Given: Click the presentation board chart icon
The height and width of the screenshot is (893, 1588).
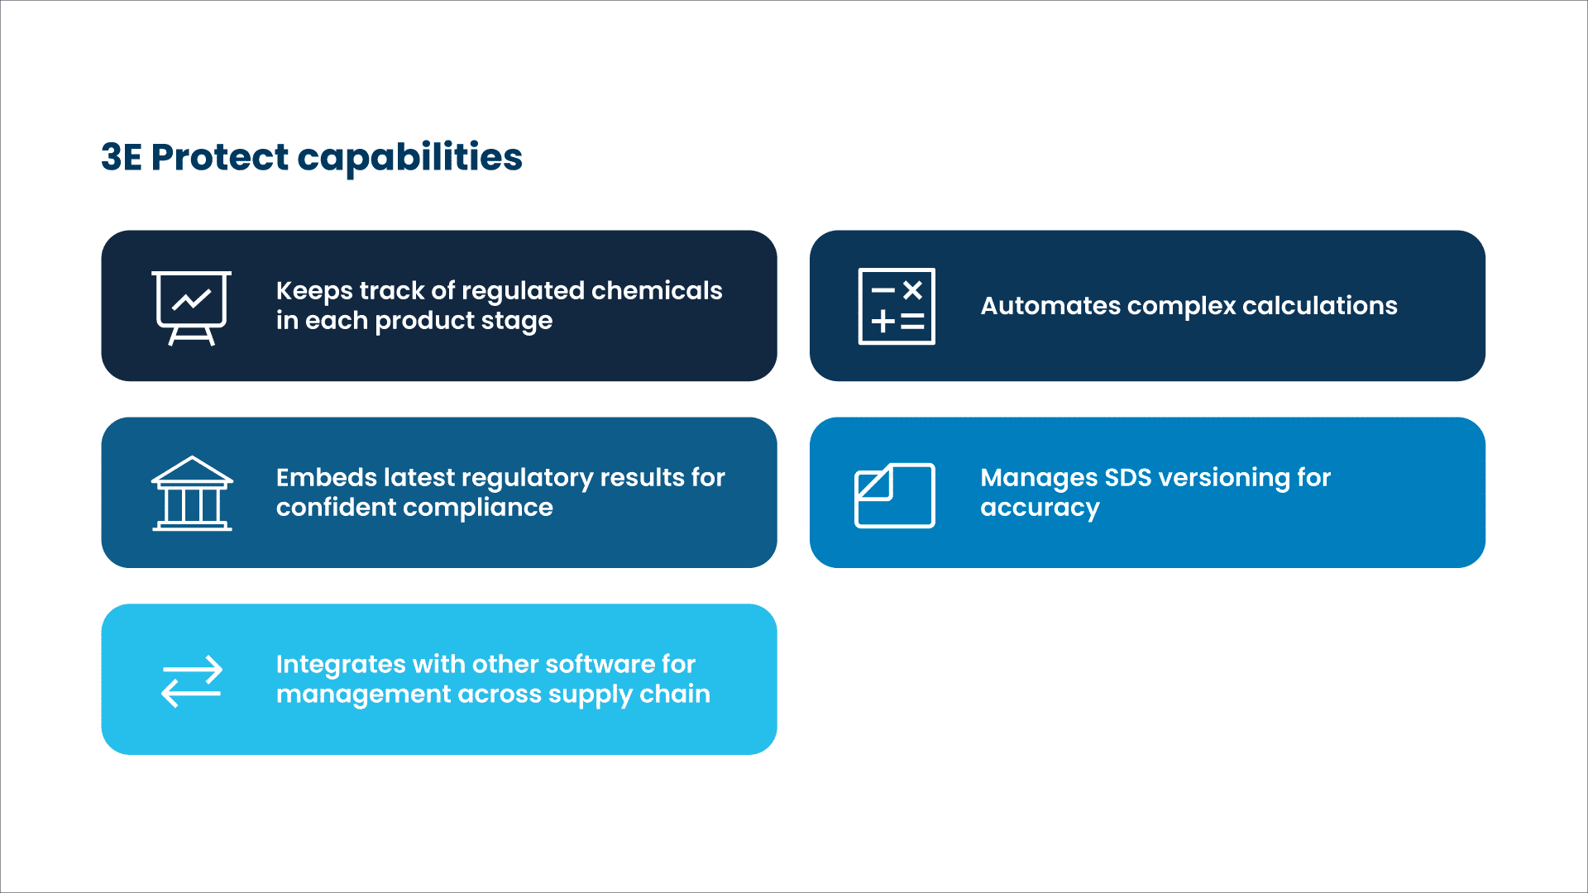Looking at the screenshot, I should (x=191, y=307).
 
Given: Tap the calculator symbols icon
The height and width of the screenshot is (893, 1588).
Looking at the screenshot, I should (x=897, y=306).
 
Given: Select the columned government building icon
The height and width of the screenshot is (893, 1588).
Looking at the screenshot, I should (x=192, y=494).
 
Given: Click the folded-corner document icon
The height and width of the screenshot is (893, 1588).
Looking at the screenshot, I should (x=895, y=495).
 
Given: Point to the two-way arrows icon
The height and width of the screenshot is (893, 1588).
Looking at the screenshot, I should (x=192, y=681).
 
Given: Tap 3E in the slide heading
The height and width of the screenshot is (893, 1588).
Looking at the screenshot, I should (x=122, y=157).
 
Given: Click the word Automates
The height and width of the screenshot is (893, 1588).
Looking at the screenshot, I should (x=1049, y=306).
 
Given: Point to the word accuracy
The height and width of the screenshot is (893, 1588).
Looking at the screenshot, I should (x=1040, y=508).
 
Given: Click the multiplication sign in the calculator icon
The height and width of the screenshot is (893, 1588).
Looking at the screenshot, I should (x=912, y=290).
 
